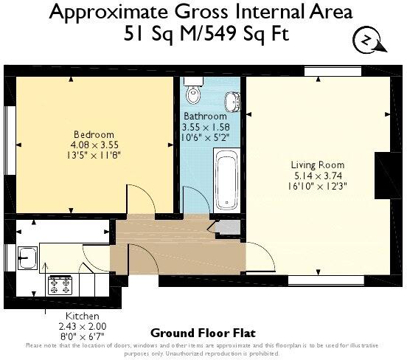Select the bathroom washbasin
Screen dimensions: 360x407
point(231,101)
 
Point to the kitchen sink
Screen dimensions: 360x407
point(29,258)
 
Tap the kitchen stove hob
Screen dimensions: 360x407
point(59,284)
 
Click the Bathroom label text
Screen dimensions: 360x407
point(205,117)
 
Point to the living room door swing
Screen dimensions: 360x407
point(262,258)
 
